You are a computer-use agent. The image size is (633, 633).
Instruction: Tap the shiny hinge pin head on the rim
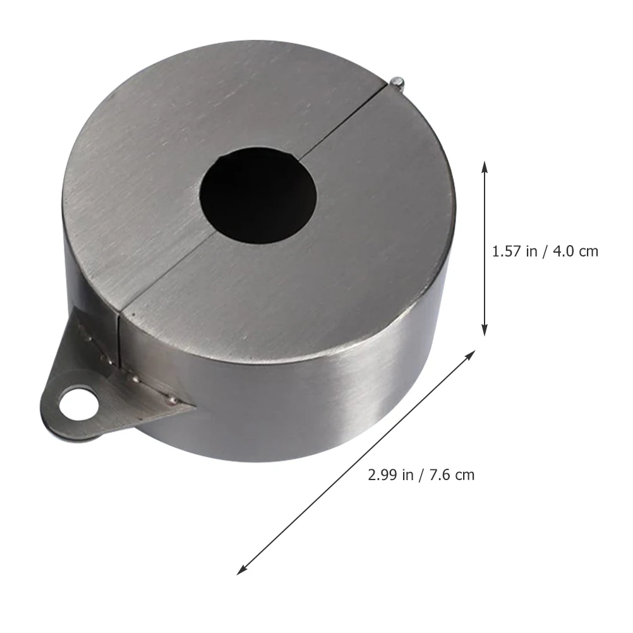(397, 81)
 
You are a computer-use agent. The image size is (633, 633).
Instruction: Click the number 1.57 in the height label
(506, 251)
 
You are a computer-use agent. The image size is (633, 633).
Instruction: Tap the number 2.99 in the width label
(382, 474)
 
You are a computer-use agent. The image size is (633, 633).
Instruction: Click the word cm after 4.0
(588, 251)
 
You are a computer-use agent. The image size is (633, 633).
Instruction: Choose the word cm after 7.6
(464, 474)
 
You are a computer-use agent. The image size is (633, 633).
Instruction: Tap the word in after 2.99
(407, 474)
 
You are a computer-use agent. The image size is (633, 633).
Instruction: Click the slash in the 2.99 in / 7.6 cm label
(421, 474)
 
